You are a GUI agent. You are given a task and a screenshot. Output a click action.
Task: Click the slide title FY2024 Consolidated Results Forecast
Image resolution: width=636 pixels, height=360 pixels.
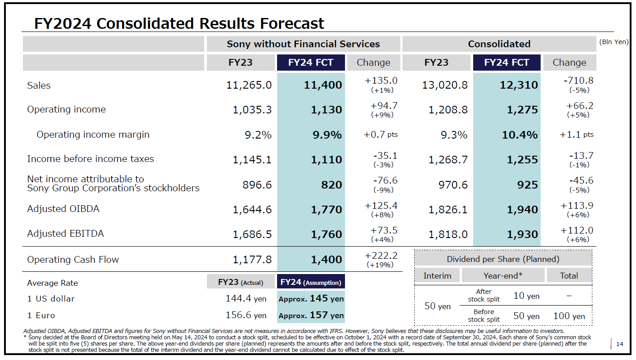pyautogui.click(x=179, y=23)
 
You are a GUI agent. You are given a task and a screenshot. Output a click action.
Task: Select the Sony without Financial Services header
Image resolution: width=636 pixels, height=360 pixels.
pyautogui.click(x=303, y=44)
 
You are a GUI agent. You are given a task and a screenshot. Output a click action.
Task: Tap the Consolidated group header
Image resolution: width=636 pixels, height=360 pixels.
pyautogui.click(x=499, y=44)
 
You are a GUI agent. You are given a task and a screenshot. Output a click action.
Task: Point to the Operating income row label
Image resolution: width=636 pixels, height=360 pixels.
pyautogui.click(x=67, y=109)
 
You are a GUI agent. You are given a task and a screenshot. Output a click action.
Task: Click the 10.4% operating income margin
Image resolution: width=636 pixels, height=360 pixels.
pyautogui.click(x=520, y=135)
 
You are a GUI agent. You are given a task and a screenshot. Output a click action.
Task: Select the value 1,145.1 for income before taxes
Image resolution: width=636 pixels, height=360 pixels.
pyautogui.click(x=252, y=159)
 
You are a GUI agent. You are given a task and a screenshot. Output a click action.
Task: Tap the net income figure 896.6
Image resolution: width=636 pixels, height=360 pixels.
pyautogui.click(x=256, y=184)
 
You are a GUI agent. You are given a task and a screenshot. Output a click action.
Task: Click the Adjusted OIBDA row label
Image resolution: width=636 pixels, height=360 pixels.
pyautogui.click(x=63, y=209)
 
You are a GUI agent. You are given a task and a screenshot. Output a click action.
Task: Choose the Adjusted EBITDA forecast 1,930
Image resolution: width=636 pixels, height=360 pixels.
pyautogui.click(x=522, y=234)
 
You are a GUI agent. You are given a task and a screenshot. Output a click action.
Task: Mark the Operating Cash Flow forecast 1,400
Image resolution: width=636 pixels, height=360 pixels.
pyautogui.click(x=326, y=259)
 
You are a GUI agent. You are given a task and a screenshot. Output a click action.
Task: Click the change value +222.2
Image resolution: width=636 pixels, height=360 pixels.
pyautogui.click(x=381, y=256)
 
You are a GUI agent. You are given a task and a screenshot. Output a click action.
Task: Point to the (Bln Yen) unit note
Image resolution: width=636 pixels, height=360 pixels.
pyautogui.click(x=614, y=42)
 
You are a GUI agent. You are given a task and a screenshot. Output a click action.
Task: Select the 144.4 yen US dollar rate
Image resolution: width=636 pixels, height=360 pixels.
pyautogui.click(x=246, y=299)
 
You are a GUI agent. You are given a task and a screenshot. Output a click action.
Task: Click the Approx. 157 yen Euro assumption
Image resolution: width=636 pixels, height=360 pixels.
pyautogui.click(x=311, y=315)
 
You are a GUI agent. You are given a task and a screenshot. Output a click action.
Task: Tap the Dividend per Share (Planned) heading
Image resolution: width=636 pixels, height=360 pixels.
pyautogui.click(x=503, y=259)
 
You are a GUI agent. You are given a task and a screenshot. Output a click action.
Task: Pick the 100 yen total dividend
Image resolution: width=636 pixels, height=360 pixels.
pyautogui.click(x=569, y=316)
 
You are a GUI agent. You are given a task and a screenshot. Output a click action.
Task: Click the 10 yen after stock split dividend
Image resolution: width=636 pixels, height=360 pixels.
pyautogui.click(x=526, y=296)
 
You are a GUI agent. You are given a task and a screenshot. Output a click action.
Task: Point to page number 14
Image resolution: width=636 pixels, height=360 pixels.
pyautogui.click(x=619, y=344)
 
